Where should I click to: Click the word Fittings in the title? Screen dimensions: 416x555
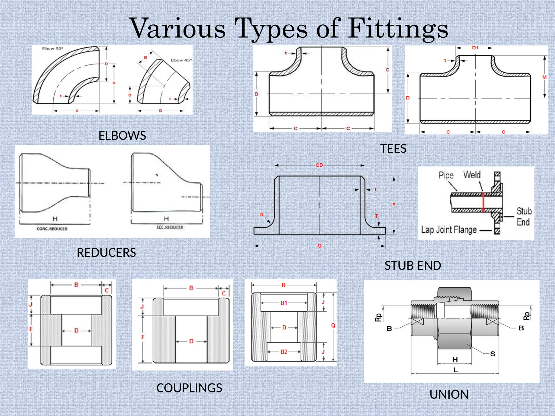click(x=398, y=29)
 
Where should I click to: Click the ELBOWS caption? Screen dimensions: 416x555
click(x=122, y=135)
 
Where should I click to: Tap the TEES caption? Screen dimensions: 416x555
click(x=393, y=148)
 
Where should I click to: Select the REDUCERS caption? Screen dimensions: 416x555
click(x=106, y=252)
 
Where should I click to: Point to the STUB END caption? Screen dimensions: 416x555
click(x=412, y=265)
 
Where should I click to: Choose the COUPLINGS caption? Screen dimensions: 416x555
click(x=189, y=388)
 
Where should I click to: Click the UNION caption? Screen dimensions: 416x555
click(x=449, y=394)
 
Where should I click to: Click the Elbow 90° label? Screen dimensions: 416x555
click(x=53, y=49)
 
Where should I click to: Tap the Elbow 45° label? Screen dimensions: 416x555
click(x=181, y=60)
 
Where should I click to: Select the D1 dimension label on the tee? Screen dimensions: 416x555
click(x=475, y=48)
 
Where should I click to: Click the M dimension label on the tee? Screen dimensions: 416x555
click(x=544, y=77)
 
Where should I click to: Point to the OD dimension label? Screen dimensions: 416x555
click(x=319, y=165)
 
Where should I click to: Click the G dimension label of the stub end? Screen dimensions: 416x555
click(x=319, y=246)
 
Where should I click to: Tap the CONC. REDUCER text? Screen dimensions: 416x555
click(x=52, y=229)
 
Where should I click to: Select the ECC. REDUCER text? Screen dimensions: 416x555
click(x=170, y=227)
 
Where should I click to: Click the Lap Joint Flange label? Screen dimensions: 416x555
click(x=449, y=230)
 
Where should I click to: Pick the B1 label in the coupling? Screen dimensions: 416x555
click(x=283, y=303)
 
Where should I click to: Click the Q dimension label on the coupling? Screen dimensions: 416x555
click(x=333, y=326)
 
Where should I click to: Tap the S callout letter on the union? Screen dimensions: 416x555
click(x=492, y=354)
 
